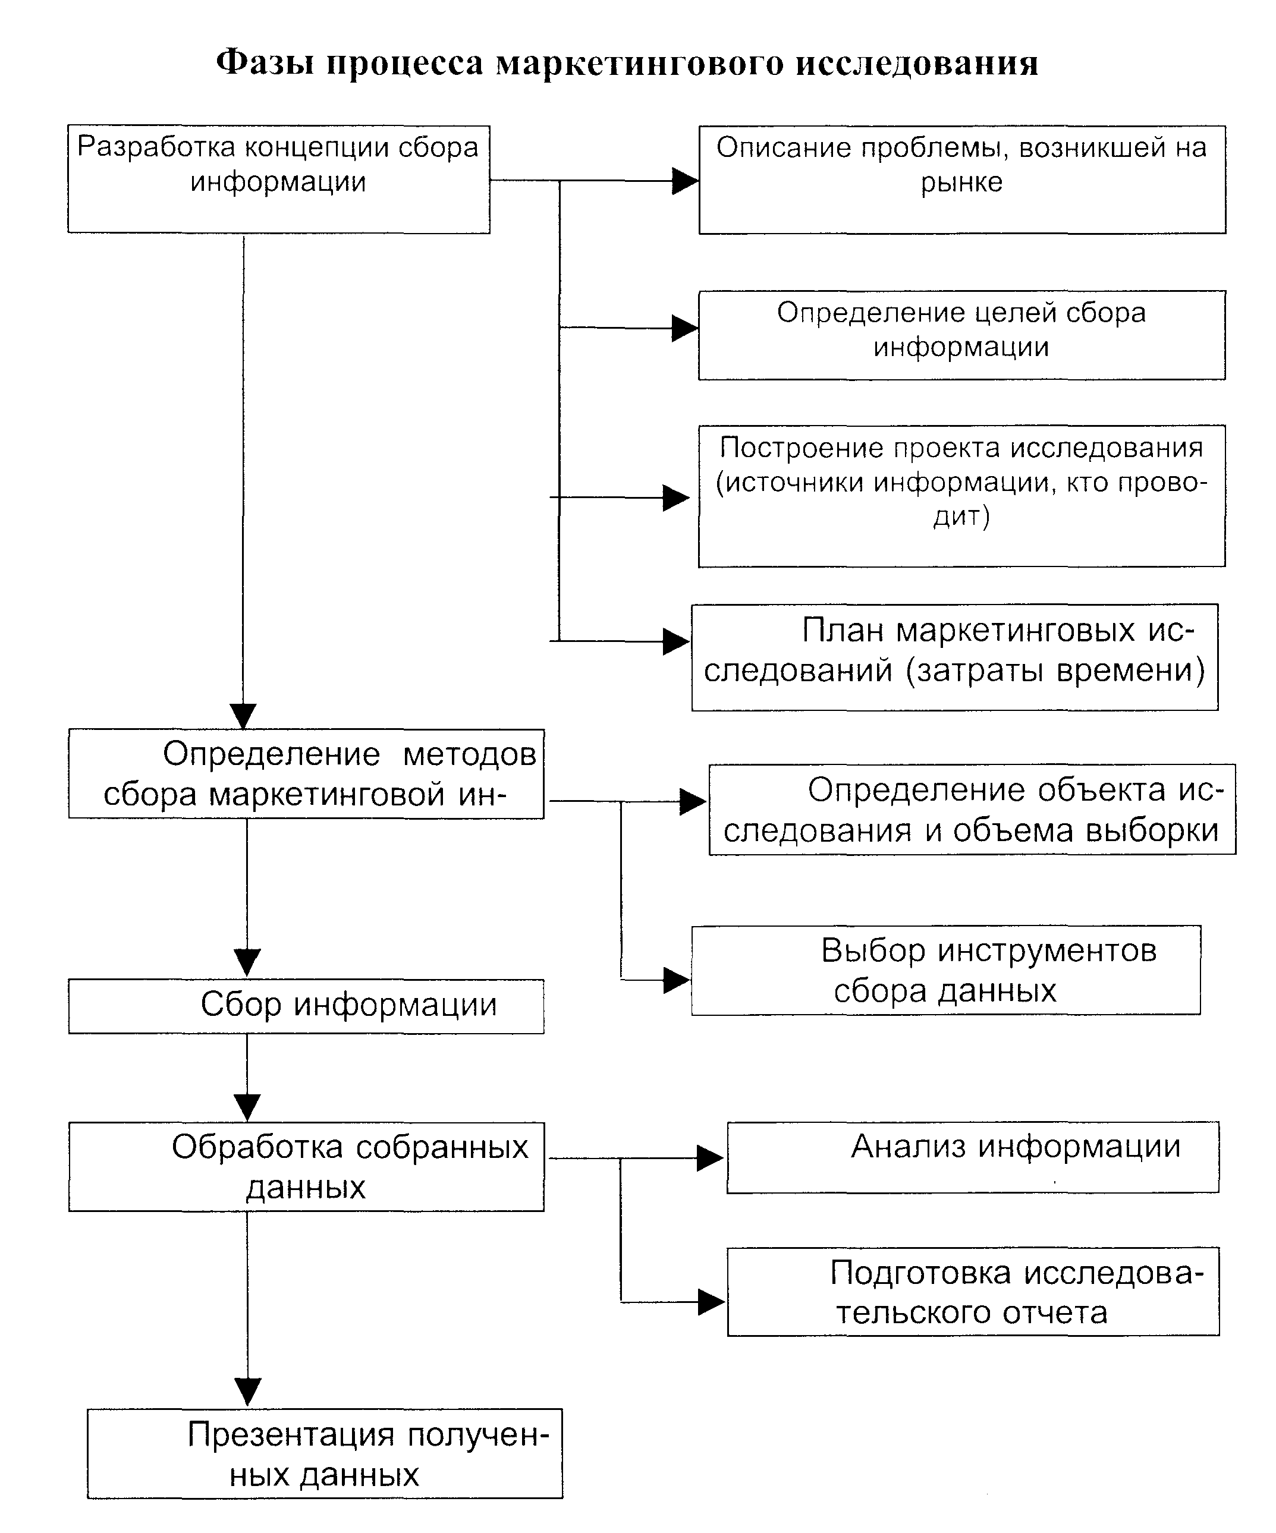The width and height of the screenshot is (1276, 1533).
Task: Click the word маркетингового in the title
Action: pyautogui.click(x=640, y=64)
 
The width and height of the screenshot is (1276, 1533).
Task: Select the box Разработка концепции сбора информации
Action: pyautogui.click(x=278, y=180)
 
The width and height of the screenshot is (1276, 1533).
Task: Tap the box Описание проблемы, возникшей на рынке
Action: pyautogui.click(x=961, y=180)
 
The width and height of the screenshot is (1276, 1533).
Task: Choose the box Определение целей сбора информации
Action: pyautogui.click(x=961, y=335)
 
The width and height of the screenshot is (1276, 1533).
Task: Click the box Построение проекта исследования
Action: pyautogui.click(x=961, y=496)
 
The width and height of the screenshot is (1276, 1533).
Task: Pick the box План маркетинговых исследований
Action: pyautogui.click(x=954, y=657)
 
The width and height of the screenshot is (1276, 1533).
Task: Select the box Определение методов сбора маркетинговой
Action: pyautogui.click(x=306, y=774)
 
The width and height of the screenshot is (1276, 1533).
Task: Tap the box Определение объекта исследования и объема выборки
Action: pyautogui.click(x=972, y=810)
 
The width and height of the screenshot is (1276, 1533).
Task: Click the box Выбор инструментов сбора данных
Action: pyautogui.click(x=945, y=970)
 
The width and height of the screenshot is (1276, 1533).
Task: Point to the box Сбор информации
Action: pyautogui.click(x=306, y=1006)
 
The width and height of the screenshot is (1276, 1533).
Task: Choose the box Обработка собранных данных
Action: pyautogui.click(x=306, y=1166)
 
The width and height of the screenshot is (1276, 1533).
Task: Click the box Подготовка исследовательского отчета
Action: pyautogui.click(x=973, y=1292)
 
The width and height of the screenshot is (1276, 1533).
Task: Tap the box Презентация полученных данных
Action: pyautogui.click(x=324, y=1453)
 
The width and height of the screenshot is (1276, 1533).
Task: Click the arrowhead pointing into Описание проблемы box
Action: pyautogui.click(x=684, y=181)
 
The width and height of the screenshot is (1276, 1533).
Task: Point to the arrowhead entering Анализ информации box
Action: pyautogui.click(x=710, y=1159)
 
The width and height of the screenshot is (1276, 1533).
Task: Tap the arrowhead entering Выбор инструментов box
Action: pyautogui.click(x=676, y=980)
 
